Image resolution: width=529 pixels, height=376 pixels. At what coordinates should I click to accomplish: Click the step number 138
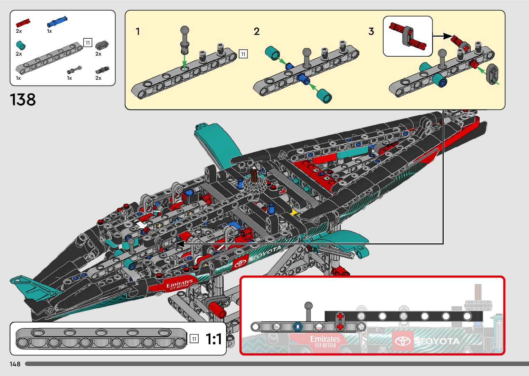[23, 100]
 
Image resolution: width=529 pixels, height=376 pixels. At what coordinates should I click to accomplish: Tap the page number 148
[15, 364]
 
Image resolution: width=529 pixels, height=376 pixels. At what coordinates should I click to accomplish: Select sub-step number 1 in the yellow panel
[138, 32]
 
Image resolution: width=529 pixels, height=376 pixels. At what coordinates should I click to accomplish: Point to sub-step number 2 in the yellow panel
[256, 32]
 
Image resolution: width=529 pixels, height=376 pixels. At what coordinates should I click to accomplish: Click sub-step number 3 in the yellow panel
[371, 32]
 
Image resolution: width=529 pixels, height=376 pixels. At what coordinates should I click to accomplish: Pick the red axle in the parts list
[23, 23]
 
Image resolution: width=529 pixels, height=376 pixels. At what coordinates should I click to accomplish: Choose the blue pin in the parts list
[57, 22]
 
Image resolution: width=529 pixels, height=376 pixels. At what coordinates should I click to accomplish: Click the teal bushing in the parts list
[21, 45]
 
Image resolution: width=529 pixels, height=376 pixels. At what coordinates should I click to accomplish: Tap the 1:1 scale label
[214, 339]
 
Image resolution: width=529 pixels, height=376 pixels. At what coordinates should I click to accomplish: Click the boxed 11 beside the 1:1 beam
[194, 339]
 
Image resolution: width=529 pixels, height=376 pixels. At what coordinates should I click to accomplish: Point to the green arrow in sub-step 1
[185, 62]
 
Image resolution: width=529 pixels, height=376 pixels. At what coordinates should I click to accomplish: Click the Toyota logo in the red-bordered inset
[403, 341]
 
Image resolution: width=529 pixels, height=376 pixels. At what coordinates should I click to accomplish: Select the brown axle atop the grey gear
[254, 174]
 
